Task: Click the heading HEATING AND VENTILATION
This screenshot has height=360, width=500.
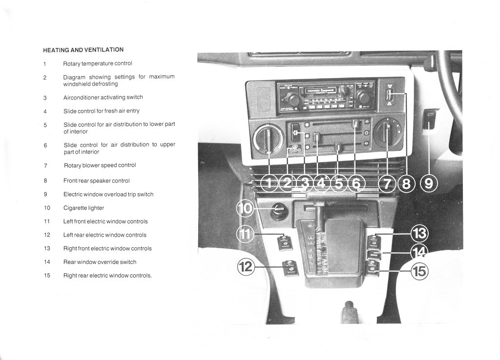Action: point(83,50)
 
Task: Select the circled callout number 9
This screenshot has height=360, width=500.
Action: point(429,183)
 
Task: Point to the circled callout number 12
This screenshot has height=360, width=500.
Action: point(246,267)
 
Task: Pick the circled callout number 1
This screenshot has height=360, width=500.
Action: point(269,183)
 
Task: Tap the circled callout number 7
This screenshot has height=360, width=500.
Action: point(387,183)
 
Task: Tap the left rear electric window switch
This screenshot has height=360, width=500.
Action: point(291,268)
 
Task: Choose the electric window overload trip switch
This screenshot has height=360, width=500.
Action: point(430,120)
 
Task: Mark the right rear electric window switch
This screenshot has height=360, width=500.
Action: point(373,268)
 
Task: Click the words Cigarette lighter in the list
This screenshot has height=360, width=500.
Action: point(83,208)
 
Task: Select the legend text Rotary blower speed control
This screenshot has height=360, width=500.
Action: point(100,165)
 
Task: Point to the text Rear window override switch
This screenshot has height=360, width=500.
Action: point(100,262)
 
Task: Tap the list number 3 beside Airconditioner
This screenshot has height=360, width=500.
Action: point(44,98)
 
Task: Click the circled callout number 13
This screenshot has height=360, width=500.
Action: point(419,234)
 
